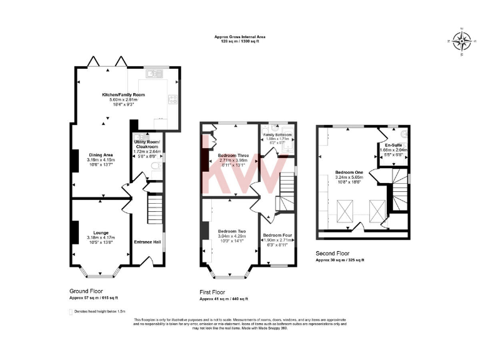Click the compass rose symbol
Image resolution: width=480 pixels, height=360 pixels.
pos(462,42)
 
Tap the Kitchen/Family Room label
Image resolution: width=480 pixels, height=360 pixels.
pos(123,95)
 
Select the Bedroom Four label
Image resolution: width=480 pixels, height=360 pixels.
pos(278,235)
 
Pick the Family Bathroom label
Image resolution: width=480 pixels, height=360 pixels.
pos(277,134)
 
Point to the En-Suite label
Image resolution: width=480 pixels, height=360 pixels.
pos(393,146)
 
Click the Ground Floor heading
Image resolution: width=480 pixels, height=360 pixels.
pos(86,292)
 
